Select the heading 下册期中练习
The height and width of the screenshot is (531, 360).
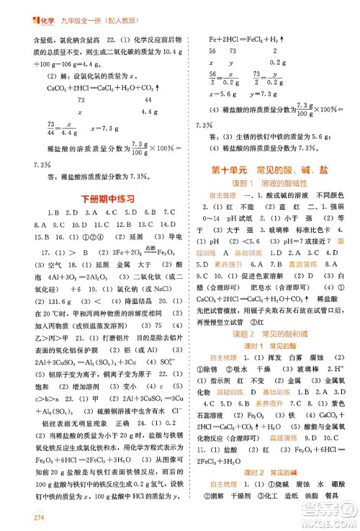pyautogui.click(x=97, y=199)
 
